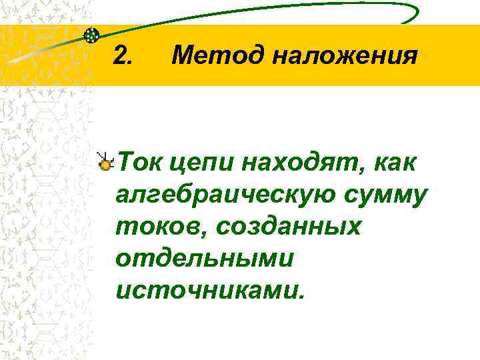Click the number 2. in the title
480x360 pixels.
coord(123,55)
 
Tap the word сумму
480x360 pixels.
coord(388,195)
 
